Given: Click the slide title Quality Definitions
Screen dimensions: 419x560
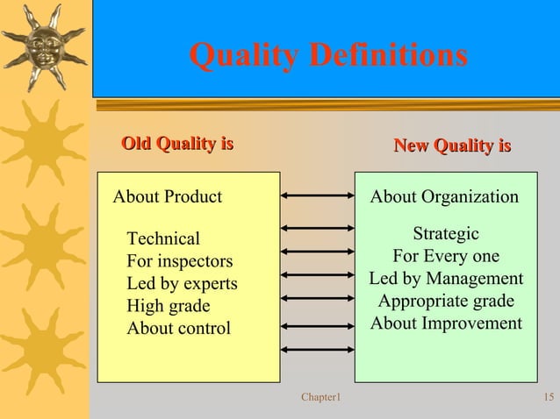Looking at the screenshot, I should pyautogui.click(x=328, y=56).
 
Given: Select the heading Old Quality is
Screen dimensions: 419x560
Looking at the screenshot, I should pyautogui.click(x=176, y=144).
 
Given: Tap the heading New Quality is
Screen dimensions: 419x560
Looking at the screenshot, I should pyautogui.click(x=452, y=146).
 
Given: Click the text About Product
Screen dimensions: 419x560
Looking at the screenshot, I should pyautogui.click(x=168, y=196).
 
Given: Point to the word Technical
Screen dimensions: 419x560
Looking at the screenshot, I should pyautogui.click(x=163, y=238).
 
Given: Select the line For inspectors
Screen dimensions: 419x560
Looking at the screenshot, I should pyautogui.click(x=180, y=261).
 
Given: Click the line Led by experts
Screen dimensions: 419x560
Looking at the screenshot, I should pyautogui.click(x=182, y=284).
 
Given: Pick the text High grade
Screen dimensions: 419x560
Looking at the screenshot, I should pyautogui.click(x=169, y=307).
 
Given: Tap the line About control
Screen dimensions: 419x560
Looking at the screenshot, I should pyautogui.click(x=179, y=329).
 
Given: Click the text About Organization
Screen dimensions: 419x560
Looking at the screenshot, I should pyautogui.click(x=444, y=196).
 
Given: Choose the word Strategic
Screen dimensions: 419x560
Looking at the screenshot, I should pyautogui.click(x=446, y=234).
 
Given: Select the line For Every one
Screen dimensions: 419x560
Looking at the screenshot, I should pyautogui.click(x=446, y=257).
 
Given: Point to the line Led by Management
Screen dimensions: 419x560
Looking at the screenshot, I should pyautogui.click(x=446, y=279).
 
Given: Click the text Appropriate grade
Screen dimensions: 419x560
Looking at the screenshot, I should pyautogui.click(x=446, y=302).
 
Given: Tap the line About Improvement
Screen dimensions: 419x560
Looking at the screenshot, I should pyautogui.click(x=446, y=323).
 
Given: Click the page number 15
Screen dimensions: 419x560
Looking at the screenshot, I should pyautogui.click(x=549, y=399).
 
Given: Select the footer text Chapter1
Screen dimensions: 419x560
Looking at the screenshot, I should pyautogui.click(x=320, y=399).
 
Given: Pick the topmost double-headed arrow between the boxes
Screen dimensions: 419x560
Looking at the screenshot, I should pyautogui.click(x=317, y=195).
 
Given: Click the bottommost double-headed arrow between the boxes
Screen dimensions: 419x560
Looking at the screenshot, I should pyautogui.click(x=317, y=350).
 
